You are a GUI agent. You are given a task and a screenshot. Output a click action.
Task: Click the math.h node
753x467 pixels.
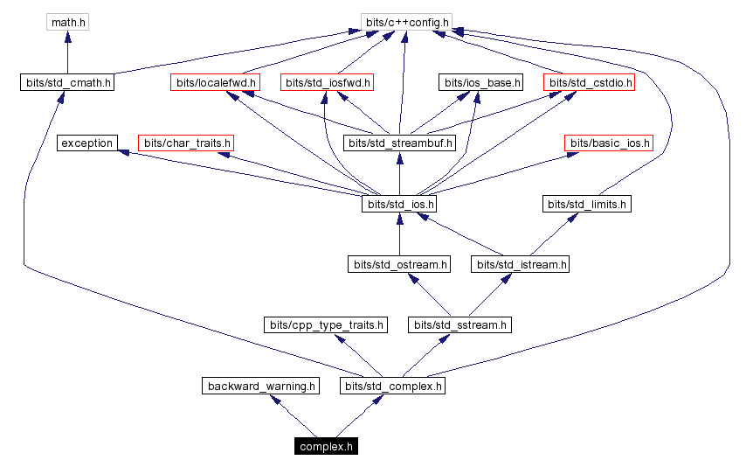(68, 21)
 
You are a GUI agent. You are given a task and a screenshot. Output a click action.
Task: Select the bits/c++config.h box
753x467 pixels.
(404, 21)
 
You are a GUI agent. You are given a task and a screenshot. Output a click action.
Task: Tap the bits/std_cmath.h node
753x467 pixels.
(68, 83)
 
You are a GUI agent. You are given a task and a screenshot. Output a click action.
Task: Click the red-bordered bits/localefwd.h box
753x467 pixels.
(216, 83)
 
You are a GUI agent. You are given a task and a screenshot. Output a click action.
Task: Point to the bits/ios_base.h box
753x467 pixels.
(480, 83)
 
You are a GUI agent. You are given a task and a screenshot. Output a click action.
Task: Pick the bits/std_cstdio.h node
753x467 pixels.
(589, 83)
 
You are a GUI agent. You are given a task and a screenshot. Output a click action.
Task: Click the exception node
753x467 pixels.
(87, 143)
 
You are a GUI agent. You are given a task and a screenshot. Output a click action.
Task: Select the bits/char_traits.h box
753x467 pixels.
(187, 143)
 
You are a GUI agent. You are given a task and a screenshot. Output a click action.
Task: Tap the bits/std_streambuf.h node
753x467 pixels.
(399, 143)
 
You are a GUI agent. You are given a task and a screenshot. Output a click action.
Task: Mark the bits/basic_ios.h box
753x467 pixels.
(609, 143)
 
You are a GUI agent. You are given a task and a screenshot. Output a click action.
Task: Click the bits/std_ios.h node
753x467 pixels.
(399, 204)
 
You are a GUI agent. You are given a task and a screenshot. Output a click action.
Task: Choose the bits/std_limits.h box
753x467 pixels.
(587, 204)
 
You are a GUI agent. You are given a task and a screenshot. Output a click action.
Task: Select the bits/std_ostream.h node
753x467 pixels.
(399, 263)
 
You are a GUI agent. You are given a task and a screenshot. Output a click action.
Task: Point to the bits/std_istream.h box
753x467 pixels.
(520, 263)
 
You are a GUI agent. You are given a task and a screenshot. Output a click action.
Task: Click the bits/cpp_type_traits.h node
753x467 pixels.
(325, 324)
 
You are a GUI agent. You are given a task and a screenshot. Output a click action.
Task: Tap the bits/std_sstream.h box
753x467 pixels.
(459, 324)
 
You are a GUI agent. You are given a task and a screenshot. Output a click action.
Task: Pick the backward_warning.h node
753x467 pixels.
(260, 385)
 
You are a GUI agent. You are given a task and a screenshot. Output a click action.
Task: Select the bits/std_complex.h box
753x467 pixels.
(394, 385)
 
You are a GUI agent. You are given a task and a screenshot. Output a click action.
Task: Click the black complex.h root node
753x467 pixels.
(326, 446)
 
